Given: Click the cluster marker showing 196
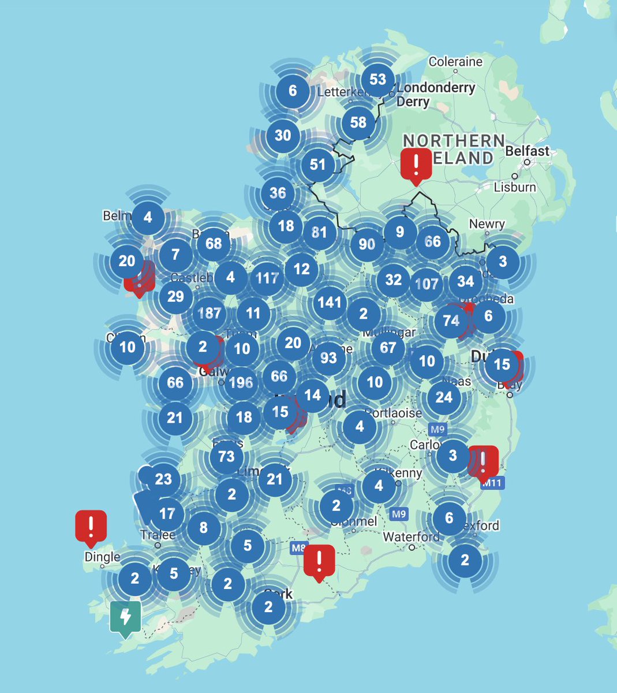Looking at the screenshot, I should (x=241, y=382).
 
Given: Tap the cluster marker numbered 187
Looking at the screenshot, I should (x=209, y=313).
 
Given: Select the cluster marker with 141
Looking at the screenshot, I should (x=330, y=301).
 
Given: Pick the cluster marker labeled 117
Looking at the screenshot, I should (x=267, y=278).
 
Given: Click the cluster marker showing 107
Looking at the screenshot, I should (x=427, y=284).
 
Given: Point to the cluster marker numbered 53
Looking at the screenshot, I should (x=377, y=79).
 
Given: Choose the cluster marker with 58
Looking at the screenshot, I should (x=358, y=122).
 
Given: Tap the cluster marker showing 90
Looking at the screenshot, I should (x=367, y=244).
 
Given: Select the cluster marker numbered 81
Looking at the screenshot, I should (x=319, y=232).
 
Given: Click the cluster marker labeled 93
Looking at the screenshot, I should (x=328, y=358).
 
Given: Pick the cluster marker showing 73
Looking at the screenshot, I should (x=226, y=457).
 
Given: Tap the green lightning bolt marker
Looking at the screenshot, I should (x=125, y=617).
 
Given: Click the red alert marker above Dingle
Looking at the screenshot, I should (x=91, y=526).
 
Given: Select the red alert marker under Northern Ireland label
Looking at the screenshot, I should (x=416, y=163).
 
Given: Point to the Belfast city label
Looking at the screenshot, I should (x=528, y=151).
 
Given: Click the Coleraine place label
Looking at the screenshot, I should (x=455, y=61).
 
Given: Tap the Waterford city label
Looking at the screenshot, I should (x=412, y=537).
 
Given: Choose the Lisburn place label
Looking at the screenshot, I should (x=515, y=187).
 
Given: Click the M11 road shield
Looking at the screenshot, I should (x=492, y=483).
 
